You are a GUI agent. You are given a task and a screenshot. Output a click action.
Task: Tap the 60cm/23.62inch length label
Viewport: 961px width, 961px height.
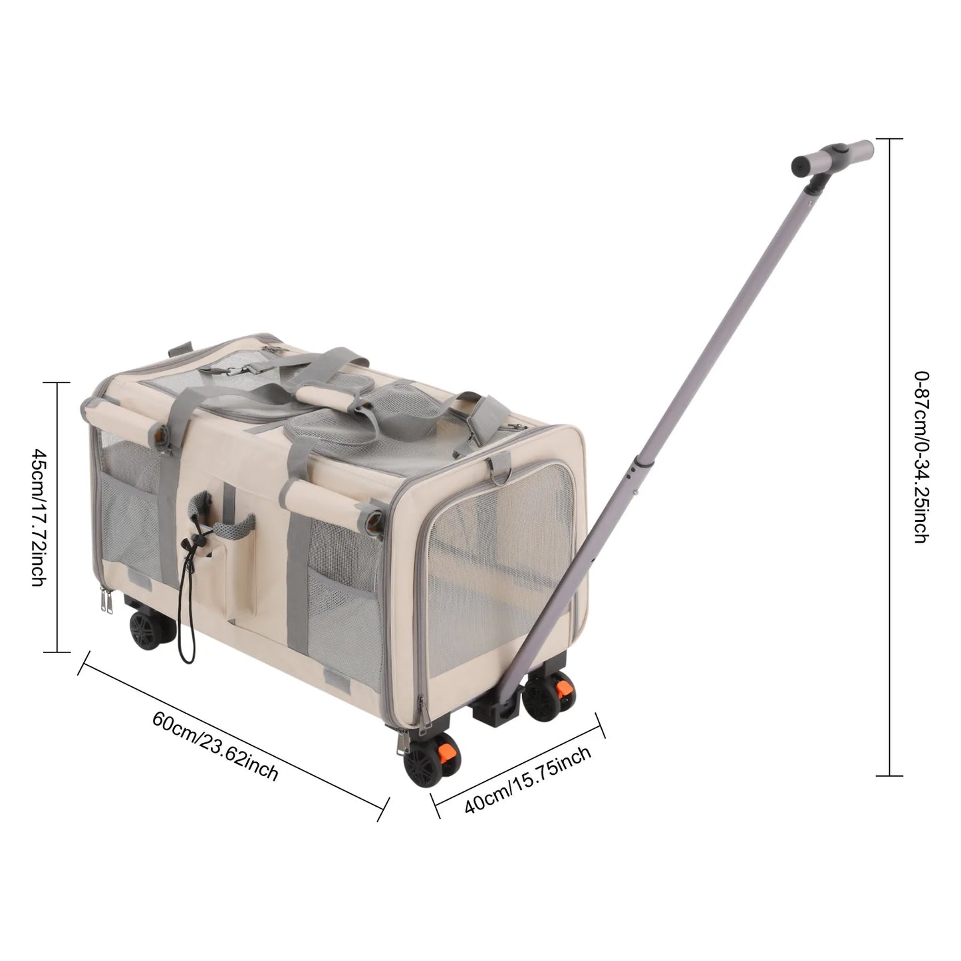tap(215, 746)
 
